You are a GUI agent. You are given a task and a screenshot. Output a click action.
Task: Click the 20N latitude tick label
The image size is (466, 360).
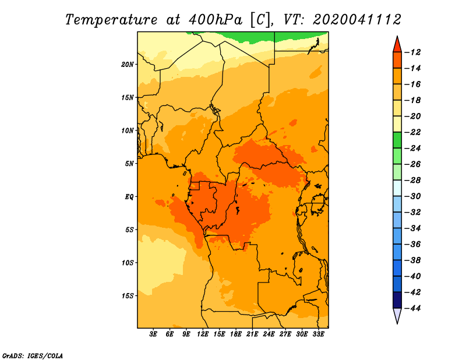click(x=128, y=65)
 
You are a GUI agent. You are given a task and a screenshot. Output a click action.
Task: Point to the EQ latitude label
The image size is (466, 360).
click(x=129, y=197)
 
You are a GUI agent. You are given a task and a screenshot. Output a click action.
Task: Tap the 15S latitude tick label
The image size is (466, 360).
click(x=128, y=296)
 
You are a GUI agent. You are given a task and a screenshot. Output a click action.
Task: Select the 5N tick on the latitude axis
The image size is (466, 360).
click(x=129, y=164)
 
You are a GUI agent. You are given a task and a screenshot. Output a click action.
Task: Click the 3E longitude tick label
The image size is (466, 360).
click(x=153, y=334)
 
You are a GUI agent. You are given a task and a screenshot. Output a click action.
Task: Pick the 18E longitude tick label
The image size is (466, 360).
click(x=236, y=334)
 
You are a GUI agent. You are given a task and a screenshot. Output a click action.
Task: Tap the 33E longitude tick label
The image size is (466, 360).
click(x=318, y=334)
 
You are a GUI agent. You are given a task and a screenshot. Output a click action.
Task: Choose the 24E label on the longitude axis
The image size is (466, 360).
click(x=269, y=334)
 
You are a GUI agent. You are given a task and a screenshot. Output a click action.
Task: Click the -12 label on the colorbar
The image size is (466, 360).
click(x=413, y=52)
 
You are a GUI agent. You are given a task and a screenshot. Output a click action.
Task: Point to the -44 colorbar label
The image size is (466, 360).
click(x=413, y=308)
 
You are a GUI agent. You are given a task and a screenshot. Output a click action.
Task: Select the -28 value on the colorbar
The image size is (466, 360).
click(x=413, y=181)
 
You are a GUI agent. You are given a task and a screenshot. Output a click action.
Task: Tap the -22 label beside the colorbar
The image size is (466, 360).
click(x=413, y=132)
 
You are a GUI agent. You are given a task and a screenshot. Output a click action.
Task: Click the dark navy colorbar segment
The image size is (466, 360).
click(x=397, y=300)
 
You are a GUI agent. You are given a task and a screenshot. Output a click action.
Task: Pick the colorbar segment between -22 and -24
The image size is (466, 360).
click(x=397, y=140)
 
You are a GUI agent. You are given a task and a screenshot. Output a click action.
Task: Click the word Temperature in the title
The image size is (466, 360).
click(x=111, y=20)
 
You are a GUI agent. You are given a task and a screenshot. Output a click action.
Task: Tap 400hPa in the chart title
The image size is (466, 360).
click(x=216, y=20)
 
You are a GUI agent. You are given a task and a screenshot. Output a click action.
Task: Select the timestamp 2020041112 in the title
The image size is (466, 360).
click(x=357, y=20)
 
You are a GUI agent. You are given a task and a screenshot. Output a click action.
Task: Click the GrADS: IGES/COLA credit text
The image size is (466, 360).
click(x=33, y=356)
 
